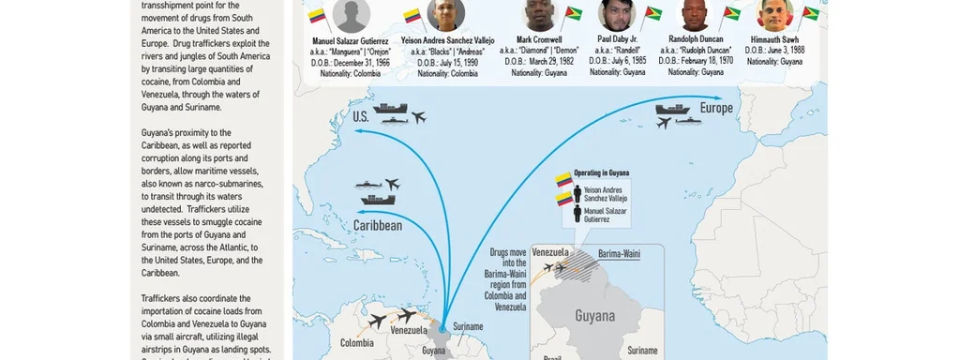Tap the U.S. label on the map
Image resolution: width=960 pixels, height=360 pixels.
361,117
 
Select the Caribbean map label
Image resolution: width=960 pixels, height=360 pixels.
378,226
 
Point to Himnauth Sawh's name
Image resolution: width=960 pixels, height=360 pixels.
774,38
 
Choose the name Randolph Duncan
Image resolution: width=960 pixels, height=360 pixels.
696,38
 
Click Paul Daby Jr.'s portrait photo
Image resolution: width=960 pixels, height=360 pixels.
617,13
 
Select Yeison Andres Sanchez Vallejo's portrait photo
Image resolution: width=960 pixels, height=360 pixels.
445,13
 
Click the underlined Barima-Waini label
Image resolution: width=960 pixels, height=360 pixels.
620,253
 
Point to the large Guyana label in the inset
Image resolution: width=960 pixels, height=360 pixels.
595,316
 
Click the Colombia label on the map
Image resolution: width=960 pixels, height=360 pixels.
356,343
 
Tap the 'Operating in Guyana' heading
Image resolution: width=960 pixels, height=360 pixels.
601,174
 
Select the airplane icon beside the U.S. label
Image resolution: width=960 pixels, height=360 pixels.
418,117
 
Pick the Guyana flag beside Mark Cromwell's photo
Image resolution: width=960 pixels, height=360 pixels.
574,13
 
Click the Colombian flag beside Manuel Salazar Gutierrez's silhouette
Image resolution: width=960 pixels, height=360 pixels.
317,15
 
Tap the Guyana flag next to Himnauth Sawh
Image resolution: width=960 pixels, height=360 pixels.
810,13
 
